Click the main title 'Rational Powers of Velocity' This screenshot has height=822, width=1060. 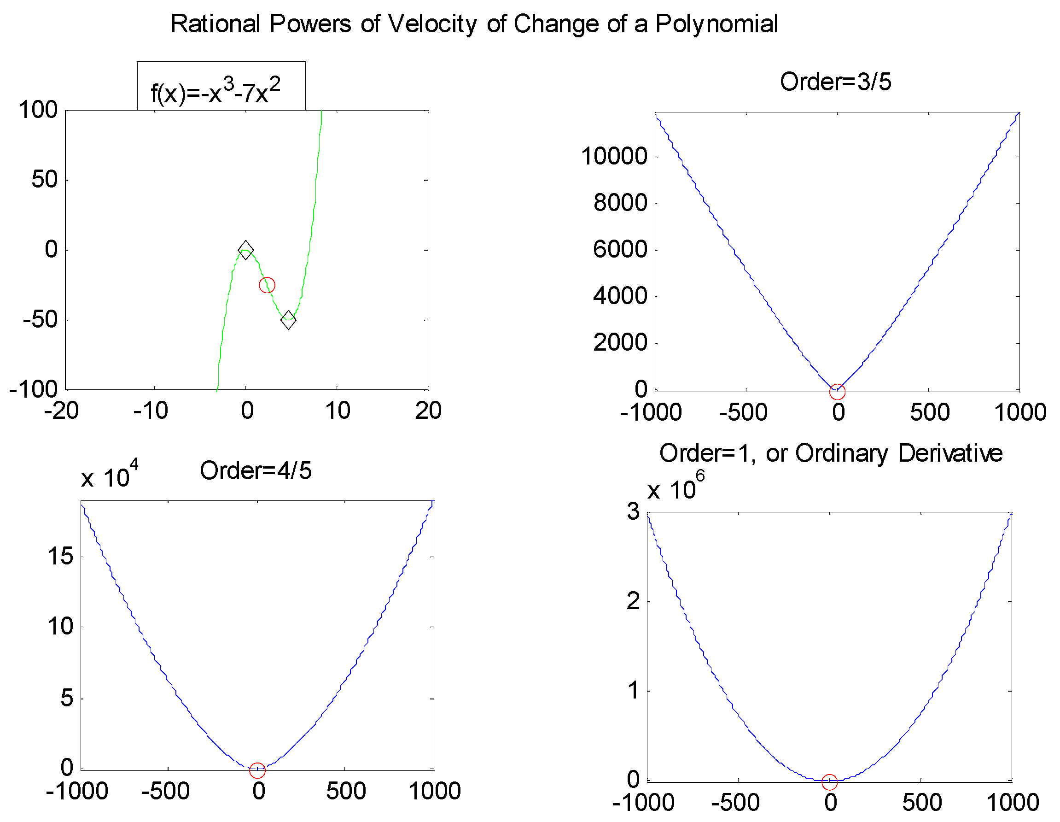coord(474,24)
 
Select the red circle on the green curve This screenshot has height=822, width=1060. coord(267,285)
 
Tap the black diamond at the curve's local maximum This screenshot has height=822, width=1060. coord(245,250)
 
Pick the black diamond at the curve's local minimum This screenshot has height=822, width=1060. coord(288,320)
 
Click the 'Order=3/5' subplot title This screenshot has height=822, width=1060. coord(835,82)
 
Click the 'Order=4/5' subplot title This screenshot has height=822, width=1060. coord(256,470)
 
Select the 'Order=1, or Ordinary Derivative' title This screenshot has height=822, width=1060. coord(830,453)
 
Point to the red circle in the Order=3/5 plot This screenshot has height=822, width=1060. coord(837,391)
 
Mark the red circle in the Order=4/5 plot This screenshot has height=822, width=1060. coord(257,770)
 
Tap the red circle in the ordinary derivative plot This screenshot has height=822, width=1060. coord(829,782)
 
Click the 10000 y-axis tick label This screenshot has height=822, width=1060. coord(614,156)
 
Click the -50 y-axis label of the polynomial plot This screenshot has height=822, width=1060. coord(40,319)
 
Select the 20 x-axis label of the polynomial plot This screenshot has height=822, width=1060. coord(428,411)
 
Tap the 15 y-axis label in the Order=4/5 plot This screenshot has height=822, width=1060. coord(60,556)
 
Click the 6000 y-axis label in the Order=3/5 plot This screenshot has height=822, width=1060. coord(620,250)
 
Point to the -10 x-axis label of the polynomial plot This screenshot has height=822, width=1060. coord(151,411)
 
